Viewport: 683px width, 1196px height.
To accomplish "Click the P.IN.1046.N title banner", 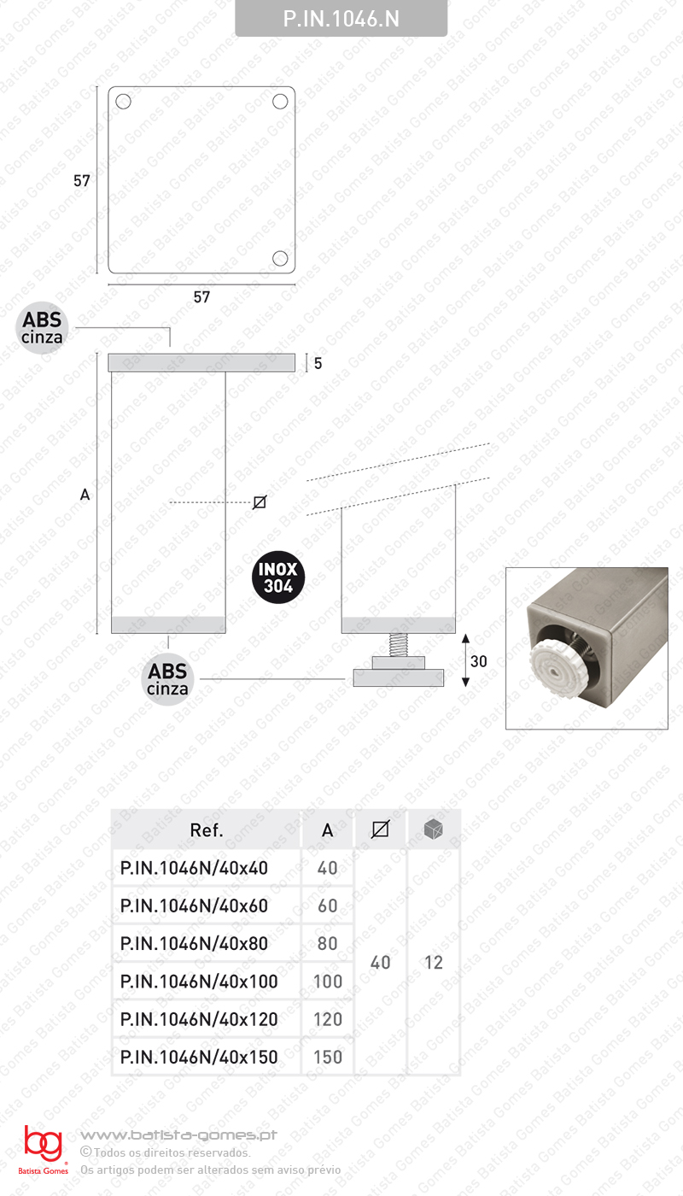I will pos(341,19).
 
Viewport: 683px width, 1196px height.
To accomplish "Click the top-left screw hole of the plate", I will pos(123,102).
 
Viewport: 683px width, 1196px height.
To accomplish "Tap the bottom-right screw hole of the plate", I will pos(280,258).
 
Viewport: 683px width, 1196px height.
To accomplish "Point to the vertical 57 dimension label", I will pos(82,181).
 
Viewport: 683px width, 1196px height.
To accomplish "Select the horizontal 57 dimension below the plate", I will pos(201,297).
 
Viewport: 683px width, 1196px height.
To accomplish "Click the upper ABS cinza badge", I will pos(43,328).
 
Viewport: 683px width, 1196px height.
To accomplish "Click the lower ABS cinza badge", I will pos(168,680).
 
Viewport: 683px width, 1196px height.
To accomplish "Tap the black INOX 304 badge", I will pos(278,577).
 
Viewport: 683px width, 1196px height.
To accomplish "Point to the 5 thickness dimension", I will pos(318,363).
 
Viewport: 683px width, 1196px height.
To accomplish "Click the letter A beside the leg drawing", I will pos(85,494).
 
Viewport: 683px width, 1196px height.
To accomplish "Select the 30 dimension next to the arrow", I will pos(478,661).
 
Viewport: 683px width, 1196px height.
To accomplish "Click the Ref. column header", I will pos(207,830).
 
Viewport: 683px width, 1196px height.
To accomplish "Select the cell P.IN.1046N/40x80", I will pos(195,943).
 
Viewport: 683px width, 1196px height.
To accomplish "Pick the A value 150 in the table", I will pos(328,1057).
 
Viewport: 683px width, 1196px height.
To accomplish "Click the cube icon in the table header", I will pos(434,829).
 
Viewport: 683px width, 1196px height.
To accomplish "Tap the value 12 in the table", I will pos(434,963).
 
